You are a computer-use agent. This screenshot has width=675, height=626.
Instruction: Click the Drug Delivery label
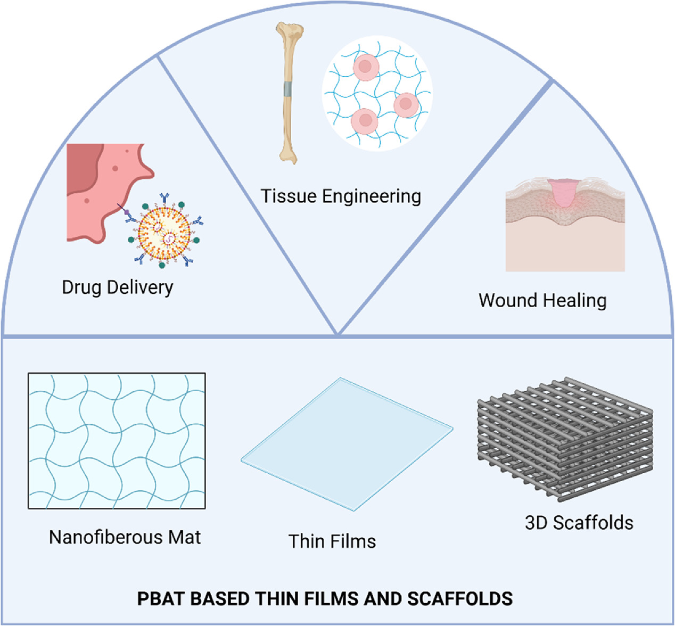click(x=117, y=287)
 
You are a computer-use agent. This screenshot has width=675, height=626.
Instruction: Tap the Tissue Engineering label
click(x=341, y=196)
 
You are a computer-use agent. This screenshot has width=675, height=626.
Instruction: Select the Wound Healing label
click(x=542, y=300)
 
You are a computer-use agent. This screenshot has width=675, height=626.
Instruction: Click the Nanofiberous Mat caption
click(x=125, y=537)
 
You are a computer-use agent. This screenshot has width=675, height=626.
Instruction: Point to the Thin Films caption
click(x=332, y=541)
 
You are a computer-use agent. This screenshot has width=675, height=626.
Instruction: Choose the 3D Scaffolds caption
click(x=579, y=523)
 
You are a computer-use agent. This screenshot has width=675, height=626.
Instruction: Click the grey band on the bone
click(x=288, y=89)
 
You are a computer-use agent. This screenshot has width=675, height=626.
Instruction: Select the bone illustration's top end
click(x=289, y=31)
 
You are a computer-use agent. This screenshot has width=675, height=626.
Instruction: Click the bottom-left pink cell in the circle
click(x=365, y=121)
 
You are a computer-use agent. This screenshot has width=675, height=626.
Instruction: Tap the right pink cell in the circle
click(x=406, y=104)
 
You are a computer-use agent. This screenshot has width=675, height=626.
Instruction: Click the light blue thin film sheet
click(x=347, y=444)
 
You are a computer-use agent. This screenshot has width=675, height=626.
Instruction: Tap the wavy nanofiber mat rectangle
click(x=117, y=441)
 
